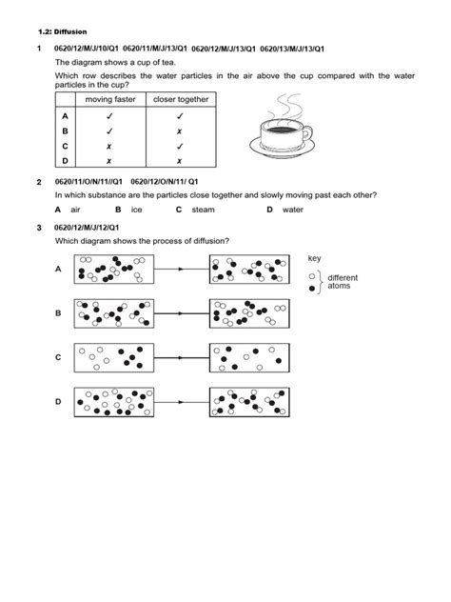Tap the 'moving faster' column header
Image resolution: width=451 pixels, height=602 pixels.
pos(110,98)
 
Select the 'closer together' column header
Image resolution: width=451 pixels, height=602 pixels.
pos(179,98)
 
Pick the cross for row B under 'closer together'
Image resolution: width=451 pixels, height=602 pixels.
pos(179,130)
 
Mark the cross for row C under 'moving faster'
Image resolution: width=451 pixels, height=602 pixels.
pos(110,147)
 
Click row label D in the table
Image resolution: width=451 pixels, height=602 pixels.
pos(65,162)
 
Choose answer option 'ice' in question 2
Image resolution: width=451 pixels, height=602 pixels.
pos(136,209)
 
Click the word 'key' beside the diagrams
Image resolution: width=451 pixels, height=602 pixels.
pos(315,259)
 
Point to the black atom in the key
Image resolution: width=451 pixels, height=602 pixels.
pos(311,289)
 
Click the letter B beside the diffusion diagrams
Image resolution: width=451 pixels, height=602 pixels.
pos(58,312)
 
